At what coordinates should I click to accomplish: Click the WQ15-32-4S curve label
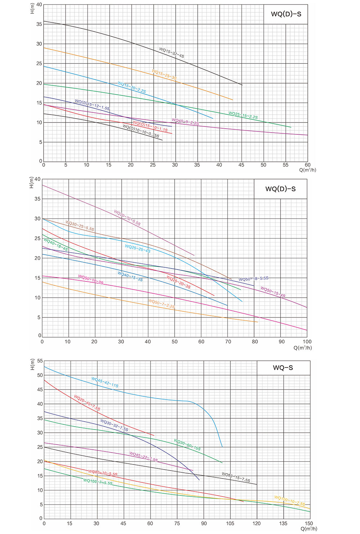(x=171, y=53)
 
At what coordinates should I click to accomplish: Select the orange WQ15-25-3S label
(x=164, y=75)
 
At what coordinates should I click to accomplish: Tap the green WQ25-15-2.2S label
(x=243, y=115)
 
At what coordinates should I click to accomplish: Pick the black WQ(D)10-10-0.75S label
(x=141, y=131)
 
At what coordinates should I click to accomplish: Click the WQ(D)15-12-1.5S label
(x=92, y=105)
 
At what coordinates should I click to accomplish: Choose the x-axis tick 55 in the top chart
(x=285, y=165)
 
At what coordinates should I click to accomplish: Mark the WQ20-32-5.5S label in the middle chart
(x=127, y=218)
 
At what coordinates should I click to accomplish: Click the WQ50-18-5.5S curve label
(x=253, y=279)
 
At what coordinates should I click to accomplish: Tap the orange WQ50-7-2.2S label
(x=162, y=304)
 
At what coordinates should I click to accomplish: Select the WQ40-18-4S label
(x=55, y=244)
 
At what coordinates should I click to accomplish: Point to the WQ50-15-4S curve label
(x=273, y=292)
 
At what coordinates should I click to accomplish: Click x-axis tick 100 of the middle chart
(x=307, y=342)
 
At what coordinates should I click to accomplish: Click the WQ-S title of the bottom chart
(x=283, y=368)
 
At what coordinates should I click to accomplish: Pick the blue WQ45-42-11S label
(x=105, y=382)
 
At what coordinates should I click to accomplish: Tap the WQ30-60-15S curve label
(x=187, y=445)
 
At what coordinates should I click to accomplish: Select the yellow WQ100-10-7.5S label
(x=289, y=500)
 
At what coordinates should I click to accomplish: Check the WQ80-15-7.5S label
(x=235, y=477)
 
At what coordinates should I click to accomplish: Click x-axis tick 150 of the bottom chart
(x=309, y=524)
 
